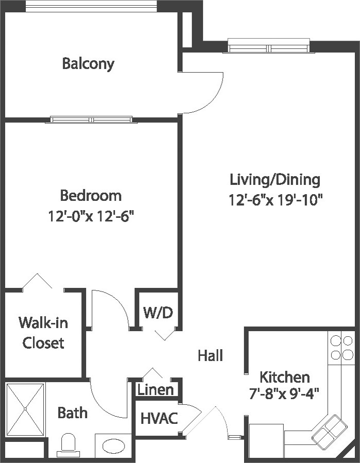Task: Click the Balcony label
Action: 88,64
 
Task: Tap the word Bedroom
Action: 91,196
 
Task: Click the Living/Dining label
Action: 275,180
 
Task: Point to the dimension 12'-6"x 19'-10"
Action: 275,201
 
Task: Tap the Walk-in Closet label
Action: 43,333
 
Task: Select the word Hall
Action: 210,355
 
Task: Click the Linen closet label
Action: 156,390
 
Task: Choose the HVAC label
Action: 159,418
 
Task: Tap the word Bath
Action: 72,413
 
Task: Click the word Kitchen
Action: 285,377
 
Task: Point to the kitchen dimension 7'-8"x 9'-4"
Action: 284,394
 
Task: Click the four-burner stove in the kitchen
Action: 341,348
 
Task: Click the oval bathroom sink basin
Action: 113,445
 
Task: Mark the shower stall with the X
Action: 25,409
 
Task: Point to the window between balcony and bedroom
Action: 91,119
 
